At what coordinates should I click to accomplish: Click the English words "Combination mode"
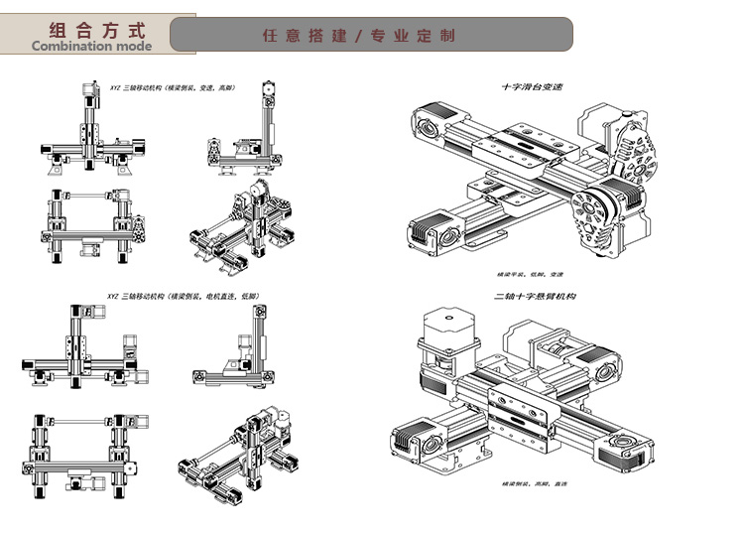tap(92, 45)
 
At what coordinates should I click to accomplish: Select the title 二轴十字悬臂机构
tap(535, 297)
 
